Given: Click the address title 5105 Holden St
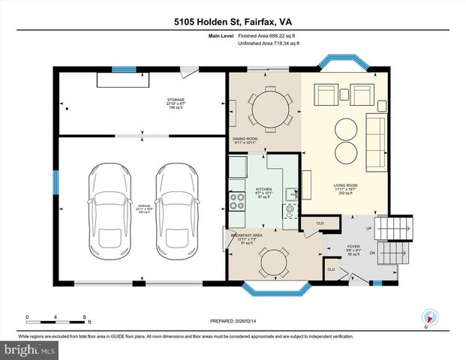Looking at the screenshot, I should [x=233, y=22].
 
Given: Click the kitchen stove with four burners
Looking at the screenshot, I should [x=237, y=200].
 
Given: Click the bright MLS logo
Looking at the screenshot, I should [x=29, y=349].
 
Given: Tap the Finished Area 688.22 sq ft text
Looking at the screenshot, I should [x=268, y=35].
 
